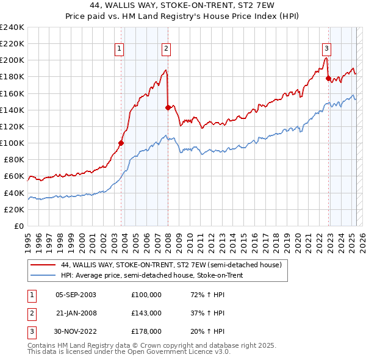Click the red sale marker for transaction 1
click(121, 143)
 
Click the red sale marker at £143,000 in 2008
click(168, 107)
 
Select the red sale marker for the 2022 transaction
click(328, 78)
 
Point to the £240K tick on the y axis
click(12, 27)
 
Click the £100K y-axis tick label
click(12, 143)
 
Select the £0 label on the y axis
click(18, 226)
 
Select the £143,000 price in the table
click(146, 313)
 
